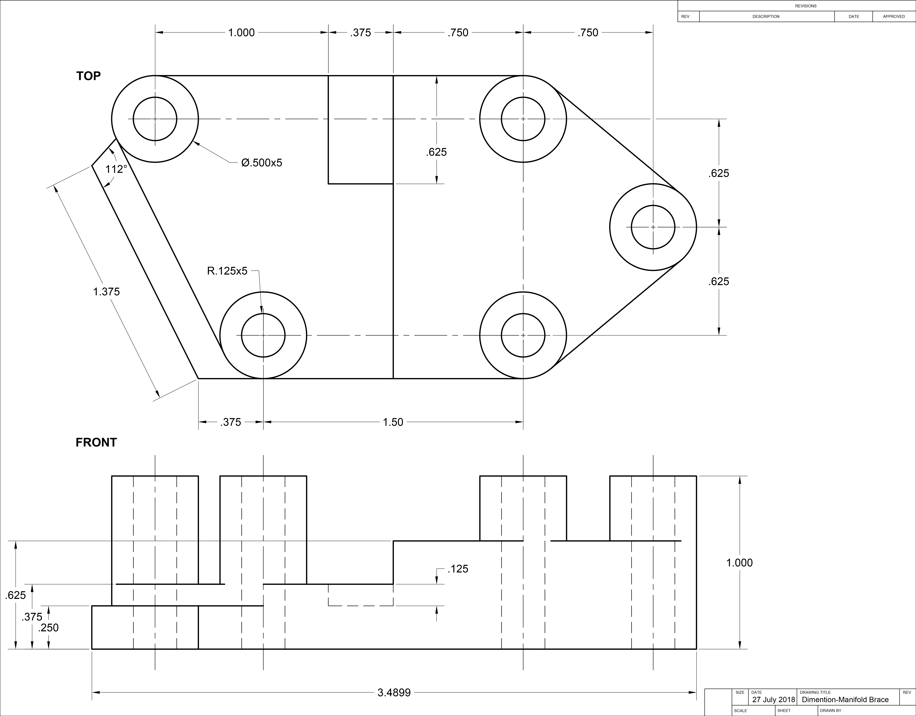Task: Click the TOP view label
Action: (88, 76)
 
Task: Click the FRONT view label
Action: (96, 442)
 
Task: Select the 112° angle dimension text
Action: (116, 169)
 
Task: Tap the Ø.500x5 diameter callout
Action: (262, 163)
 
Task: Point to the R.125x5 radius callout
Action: (227, 271)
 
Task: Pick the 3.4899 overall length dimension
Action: (394, 692)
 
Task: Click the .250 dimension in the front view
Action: (48, 628)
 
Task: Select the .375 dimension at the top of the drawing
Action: (361, 33)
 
